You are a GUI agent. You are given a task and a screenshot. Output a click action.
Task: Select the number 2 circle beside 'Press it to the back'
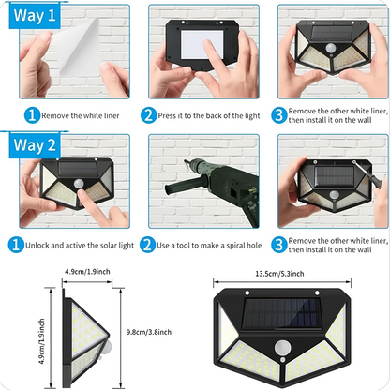point(149,115)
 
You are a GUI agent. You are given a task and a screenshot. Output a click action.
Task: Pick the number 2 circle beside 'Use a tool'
point(149,246)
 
